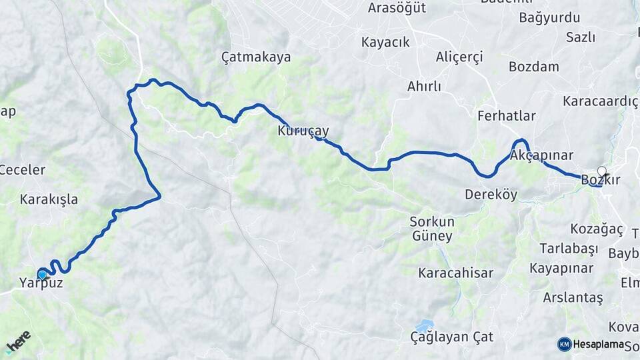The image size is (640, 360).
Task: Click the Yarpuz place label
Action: (41, 283)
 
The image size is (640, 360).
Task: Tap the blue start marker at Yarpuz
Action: (42, 274)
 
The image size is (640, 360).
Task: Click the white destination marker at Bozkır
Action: (602, 171)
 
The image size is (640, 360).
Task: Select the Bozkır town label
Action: (601, 181)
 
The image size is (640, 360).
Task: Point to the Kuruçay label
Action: (303, 131)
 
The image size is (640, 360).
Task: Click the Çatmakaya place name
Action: (256, 57)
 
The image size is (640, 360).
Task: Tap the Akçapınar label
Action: (541, 155)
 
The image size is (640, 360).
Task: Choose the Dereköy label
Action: (491, 195)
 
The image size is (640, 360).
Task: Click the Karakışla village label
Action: (49, 199)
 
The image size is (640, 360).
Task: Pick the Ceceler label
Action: (22, 170)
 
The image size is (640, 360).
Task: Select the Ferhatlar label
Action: (506, 116)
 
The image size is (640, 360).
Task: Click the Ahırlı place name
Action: (424, 87)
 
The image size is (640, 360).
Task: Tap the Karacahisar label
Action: (455, 273)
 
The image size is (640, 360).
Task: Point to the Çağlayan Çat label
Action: (452, 337)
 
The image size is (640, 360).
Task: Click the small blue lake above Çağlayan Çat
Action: (424, 325)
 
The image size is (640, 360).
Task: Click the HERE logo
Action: (18, 341)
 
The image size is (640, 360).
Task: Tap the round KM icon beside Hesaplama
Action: (564, 344)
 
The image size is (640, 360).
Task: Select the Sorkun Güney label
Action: (432, 229)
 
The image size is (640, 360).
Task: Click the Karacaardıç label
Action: (600, 101)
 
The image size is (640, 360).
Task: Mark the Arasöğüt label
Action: (397, 8)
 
